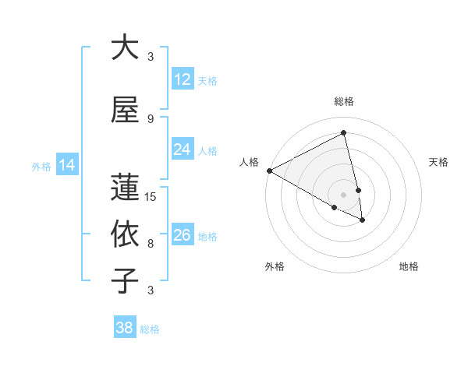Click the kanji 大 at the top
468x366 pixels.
click(x=125, y=48)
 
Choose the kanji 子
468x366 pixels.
click(x=125, y=281)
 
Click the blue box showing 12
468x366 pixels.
click(x=183, y=79)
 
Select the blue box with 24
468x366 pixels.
click(x=183, y=150)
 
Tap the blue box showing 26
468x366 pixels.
click(x=183, y=235)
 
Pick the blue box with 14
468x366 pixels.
click(x=66, y=165)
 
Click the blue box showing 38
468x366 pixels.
click(x=125, y=328)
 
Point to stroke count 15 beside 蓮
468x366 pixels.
click(x=151, y=196)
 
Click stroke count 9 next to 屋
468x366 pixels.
click(x=151, y=118)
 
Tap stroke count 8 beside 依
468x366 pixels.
click(x=151, y=243)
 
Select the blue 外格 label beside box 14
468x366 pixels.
click(x=41, y=166)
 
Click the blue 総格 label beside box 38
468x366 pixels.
click(x=150, y=329)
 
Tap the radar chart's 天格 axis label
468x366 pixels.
click(x=438, y=162)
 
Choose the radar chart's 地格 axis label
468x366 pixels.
click(x=409, y=266)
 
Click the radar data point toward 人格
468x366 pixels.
click(x=269, y=171)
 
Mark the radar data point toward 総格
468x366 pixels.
click(x=343, y=133)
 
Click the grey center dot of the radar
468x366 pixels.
click(x=343, y=194)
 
